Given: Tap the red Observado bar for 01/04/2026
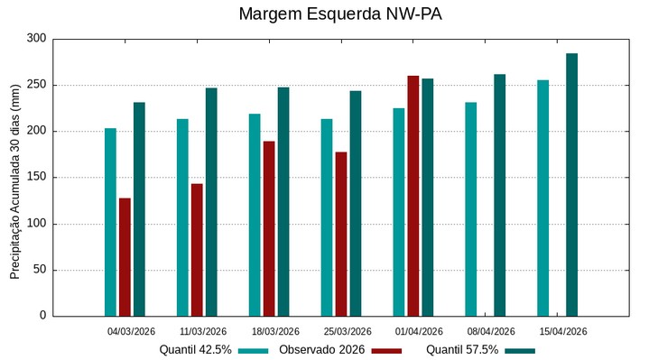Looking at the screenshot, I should click(413, 196).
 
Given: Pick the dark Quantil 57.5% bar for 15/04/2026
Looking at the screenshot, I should click(571, 185).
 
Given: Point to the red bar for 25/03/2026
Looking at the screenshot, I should click(341, 234).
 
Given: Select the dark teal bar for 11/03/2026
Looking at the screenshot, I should click(211, 202).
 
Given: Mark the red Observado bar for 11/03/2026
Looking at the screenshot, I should click(197, 250).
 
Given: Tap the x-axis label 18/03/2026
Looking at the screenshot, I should click(275, 332).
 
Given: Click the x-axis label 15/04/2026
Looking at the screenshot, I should click(563, 332).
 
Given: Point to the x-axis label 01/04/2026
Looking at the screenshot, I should click(420, 332).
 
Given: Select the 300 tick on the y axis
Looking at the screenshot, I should click(36, 39).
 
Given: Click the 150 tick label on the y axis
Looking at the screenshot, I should click(36, 178).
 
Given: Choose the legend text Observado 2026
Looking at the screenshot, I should click(321, 350).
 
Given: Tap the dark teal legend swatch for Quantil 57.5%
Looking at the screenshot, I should click(520, 351).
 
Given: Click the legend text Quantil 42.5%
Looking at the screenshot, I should click(195, 350).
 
